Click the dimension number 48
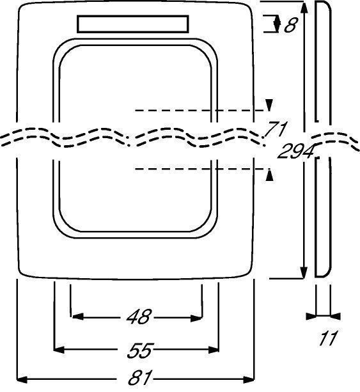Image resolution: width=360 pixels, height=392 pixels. (139, 317)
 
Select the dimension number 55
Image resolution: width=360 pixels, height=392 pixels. (140, 350)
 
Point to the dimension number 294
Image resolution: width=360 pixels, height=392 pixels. (296, 151)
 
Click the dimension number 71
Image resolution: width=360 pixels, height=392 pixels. (276, 129)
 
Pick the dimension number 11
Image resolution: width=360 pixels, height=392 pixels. (328, 338)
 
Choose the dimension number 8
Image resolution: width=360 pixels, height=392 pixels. (290, 25)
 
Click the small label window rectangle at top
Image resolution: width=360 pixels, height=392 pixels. (133, 24)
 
